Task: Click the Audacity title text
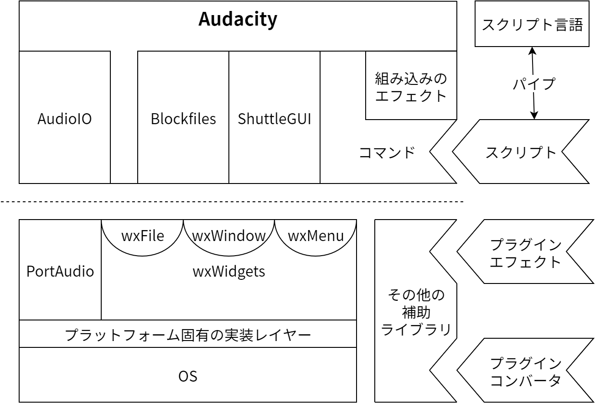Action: pos(238,20)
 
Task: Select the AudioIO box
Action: pos(64,118)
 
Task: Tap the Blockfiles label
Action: pos(183,119)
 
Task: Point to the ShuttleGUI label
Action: pos(274,119)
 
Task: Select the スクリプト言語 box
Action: pos(532,24)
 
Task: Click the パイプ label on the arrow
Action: pos(533,84)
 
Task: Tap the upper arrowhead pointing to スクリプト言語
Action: pos(532,50)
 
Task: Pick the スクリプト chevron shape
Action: pos(521,152)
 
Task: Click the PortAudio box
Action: pos(60,271)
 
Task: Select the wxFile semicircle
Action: pos(142,236)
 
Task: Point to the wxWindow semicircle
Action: pos(229,236)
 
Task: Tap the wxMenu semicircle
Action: pos(316,236)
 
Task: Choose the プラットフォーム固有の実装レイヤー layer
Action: pos(187,335)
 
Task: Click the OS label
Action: pos(187,376)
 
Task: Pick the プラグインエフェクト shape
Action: pos(525,253)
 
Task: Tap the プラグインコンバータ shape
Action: pos(525,372)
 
